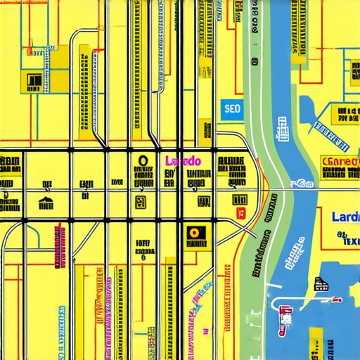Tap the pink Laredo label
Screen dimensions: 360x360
point(183,161)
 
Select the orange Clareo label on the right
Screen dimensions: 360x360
point(340,162)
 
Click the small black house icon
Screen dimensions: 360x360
point(46,205)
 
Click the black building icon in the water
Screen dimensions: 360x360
point(321,284)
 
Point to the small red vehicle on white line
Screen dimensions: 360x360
point(337,300)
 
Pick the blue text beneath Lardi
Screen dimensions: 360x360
point(346,239)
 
